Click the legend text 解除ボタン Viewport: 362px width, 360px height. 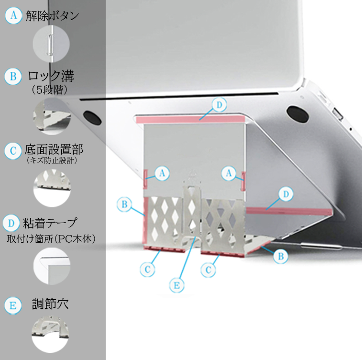coord(52,16)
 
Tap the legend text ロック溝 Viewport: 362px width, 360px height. coord(51,76)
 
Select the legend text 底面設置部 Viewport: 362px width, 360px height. coord(54,149)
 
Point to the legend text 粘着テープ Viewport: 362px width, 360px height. coord(49,223)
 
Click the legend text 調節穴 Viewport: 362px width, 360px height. coord(50,304)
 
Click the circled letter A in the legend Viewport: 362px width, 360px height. coord(13,15)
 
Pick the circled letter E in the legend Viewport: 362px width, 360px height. coord(13,305)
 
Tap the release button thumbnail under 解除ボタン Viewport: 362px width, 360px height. coord(51,44)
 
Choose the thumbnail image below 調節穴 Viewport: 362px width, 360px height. coord(50,334)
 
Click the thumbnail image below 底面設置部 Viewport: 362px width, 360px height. coord(52,188)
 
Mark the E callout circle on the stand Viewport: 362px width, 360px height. coord(176,285)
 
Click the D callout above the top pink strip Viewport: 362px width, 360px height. coord(219,105)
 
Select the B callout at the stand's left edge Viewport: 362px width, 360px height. coord(124,204)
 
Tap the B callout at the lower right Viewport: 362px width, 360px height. coord(281,256)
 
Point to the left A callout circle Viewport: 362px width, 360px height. coord(162,173)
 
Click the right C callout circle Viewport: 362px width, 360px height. coord(208,270)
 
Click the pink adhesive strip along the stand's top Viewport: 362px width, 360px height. coord(190,120)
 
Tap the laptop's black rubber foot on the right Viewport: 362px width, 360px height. coord(298,114)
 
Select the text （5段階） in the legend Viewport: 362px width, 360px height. coord(50,90)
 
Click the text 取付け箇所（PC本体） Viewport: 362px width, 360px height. coord(51,239)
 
